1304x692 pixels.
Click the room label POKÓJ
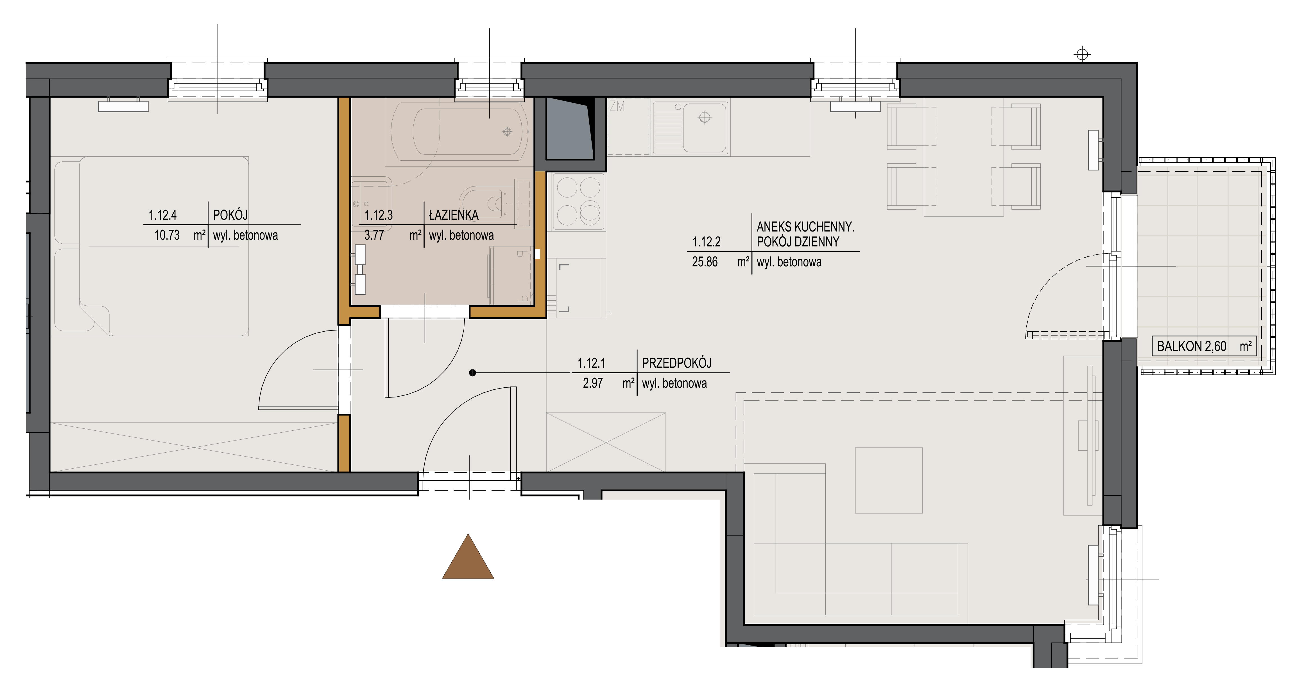(x=230, y=215)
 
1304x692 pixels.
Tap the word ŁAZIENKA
(x=454, y=215)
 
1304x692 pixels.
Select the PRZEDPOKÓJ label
(x=676, y=363)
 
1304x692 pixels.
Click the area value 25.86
(x=705, y=262)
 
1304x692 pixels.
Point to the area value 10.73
(x=167, y=235)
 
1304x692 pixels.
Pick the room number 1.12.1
(x=591, y=363)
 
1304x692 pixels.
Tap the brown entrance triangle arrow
(x=468, y=557)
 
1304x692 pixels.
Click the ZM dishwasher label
(x=617, y=106)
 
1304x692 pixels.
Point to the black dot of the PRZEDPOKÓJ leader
(x=472, y=373)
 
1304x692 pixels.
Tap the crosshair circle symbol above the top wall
(x=1082, y=54)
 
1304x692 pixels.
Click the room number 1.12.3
(x=379, y=215)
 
